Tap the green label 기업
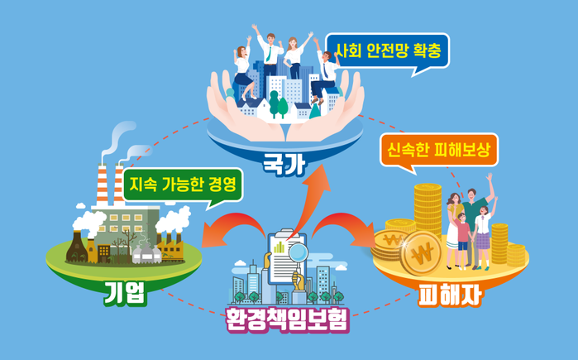pos(126,293)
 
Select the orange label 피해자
pos(450,295)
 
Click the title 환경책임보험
pos(288,319)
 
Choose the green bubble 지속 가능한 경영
pos(183,185)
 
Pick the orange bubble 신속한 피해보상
pos(438,150)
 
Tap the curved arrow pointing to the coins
pos(343,227)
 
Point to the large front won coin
pos(421,252)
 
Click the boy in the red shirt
pos(461,240)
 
